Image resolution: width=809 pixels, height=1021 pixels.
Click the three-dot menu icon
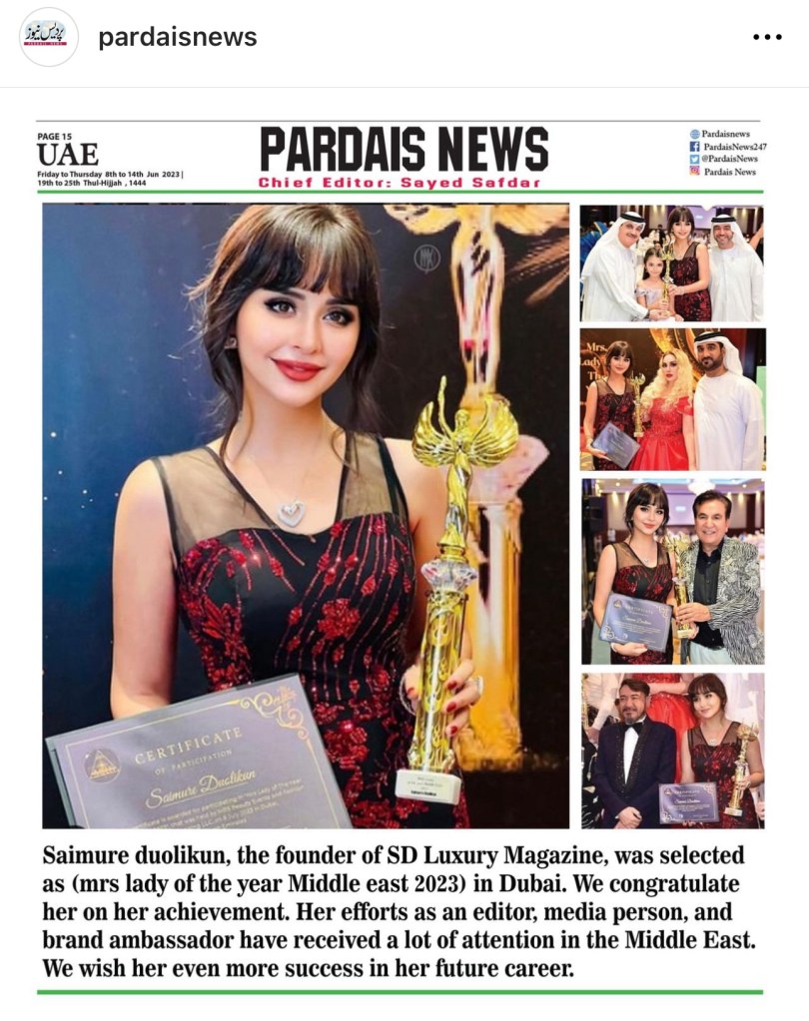point(766,38)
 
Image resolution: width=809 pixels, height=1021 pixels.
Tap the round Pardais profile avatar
point(48,37)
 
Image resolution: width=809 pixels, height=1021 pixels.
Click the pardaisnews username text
point(177,38)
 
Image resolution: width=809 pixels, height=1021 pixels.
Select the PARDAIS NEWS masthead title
point(404,150)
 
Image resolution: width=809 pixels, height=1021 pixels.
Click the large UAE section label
point(68,155)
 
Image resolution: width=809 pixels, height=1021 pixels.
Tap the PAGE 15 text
point(55,136)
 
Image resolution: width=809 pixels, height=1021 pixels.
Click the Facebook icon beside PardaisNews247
point(695,147)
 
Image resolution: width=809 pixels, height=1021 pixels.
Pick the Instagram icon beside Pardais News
point(695,172)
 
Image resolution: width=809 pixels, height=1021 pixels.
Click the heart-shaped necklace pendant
point(291,513)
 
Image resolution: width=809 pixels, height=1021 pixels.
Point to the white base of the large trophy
point(428,783)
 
